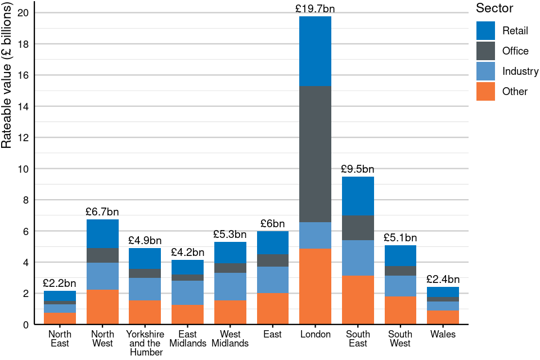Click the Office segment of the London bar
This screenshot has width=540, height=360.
pos(316,154)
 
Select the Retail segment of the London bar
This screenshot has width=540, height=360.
pos(316,51)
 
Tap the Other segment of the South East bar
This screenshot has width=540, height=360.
pos(358,300)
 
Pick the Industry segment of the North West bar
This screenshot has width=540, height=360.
pos(102,276)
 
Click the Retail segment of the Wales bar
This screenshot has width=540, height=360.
pos(443,292)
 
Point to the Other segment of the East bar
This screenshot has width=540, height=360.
pos(273,309)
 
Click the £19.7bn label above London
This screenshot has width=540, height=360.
pos(315,9)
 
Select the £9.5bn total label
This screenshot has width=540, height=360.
pos(358,169)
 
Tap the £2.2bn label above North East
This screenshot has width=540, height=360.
pos(60,283)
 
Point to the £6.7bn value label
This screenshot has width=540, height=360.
pos(102,212)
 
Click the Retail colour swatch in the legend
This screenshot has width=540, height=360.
pos(485,30)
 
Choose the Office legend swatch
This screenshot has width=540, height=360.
pos(485,51)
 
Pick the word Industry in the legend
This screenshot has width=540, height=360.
pos(520,71)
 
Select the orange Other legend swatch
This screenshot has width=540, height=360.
pos(485,91)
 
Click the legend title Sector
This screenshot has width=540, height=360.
pos(494,8)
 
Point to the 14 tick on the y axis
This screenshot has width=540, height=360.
pos(25,106)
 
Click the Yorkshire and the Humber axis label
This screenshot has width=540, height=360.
pos(146,343)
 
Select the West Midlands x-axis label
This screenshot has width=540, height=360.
pos(230,339)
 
